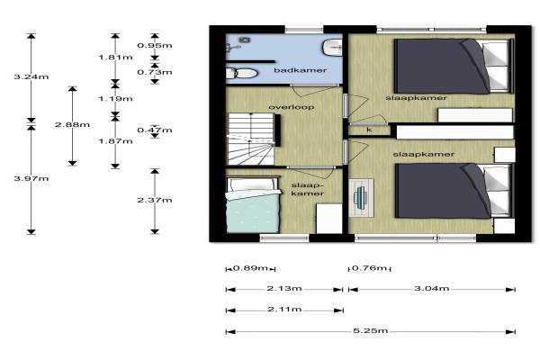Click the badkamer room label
click(x=300, y=70)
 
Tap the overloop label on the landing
click(x=292, y=107)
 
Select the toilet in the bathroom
click(x=241, y=73)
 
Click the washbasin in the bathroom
click(x=332, y=47)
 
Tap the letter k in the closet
click(x=369, y=130)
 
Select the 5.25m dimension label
click(x=371, y=330)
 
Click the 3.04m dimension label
click(x=431, y=288)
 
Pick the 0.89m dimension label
click(x=250, y=267)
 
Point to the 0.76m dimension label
click(x=369, y=267)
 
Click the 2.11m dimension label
click(x=284, y=310)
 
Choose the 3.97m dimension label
click(x=31, y=178)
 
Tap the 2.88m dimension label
click(x=72, y=124)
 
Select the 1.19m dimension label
click(x=115, y=99)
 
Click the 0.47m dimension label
click(x=155, y=130)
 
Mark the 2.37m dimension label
click(x=155, y=200)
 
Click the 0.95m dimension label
click(x=155, y=46)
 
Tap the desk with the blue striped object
click(x=361, y=198)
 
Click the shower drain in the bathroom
click(x=245, y=40)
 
